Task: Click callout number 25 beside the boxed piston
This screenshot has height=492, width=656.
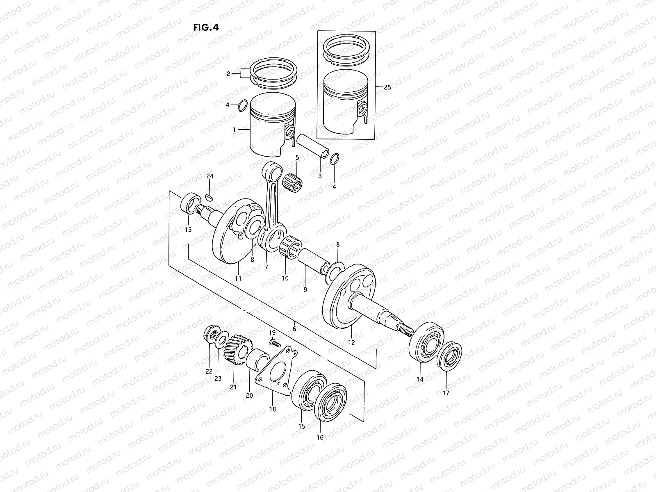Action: [387, 87]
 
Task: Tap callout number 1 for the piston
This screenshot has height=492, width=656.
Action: [234, 130]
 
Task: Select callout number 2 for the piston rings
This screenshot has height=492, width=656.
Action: [228, 74]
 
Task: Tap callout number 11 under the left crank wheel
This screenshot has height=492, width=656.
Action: [238, 278]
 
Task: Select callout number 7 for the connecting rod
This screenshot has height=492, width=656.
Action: [266, 267]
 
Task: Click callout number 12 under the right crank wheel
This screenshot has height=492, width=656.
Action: [351, 342]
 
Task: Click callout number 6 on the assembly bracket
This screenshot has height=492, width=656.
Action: [294, 328]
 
